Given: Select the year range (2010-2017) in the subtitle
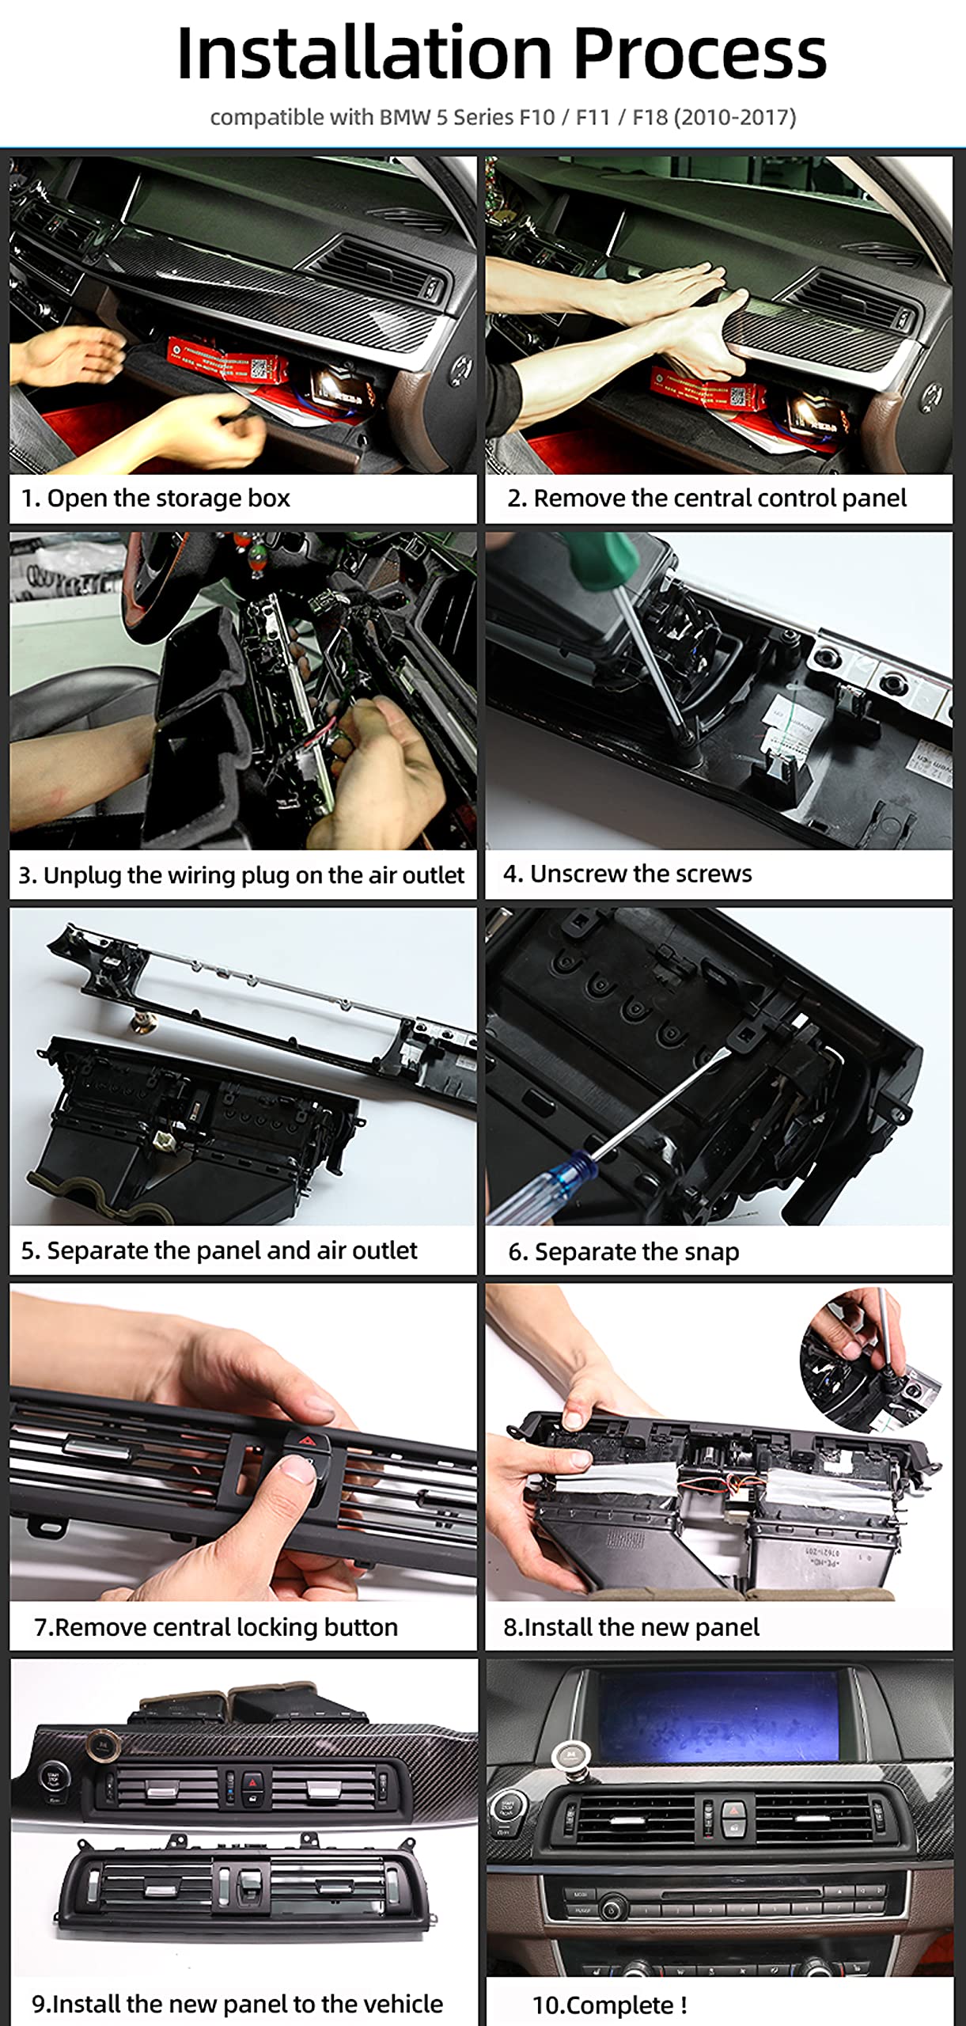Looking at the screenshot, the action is pos(734,117).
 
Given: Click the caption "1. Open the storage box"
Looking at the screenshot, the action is pos(155,498).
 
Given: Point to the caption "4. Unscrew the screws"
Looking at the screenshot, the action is pos(627,873).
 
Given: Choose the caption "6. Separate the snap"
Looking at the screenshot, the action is pos(623,1251).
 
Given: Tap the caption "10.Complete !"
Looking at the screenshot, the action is pos(609,2005).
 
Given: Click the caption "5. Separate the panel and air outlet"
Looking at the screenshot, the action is pos(218,1250).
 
